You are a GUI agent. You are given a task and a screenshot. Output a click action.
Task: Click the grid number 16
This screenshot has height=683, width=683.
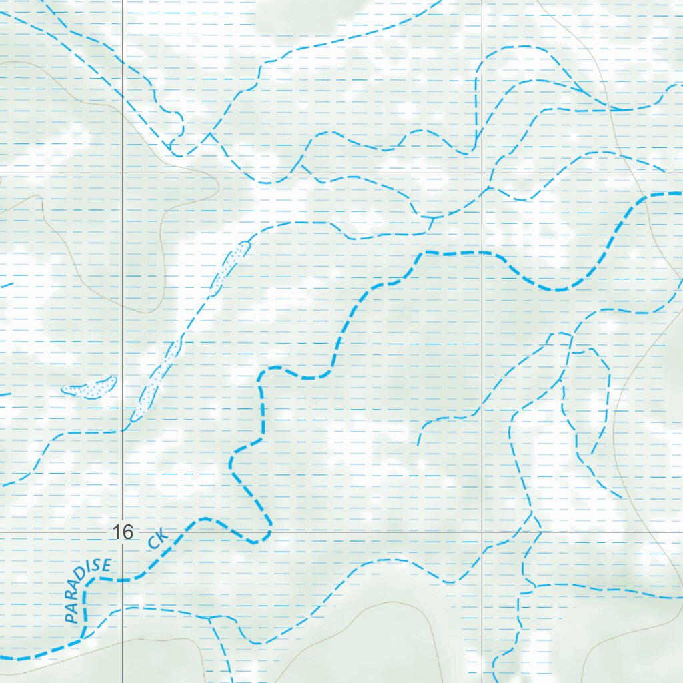[x=123, y=532]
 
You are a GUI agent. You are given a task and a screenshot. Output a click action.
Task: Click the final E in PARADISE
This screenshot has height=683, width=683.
[x=105, y=566]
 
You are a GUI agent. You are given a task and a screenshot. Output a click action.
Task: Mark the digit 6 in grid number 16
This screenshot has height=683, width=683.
[x=128, y=532]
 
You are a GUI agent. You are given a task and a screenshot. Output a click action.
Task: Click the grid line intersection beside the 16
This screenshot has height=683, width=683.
[x=122, y=532]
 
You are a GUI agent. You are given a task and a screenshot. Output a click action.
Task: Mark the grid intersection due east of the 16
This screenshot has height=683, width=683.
[x=482, y=532]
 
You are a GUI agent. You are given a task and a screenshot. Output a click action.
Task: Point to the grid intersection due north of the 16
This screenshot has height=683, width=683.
[x=122, y=172]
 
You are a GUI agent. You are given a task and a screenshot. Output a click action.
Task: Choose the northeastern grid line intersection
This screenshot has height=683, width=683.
[x=482, y=172]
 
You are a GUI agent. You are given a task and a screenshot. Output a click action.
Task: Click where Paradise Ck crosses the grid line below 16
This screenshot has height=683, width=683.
[x=122, y=580]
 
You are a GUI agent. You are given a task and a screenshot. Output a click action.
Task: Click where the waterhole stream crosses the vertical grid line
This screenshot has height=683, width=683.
[x=122, y=431]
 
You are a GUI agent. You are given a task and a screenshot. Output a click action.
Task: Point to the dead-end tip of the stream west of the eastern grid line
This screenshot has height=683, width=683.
[x=418, y=445]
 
